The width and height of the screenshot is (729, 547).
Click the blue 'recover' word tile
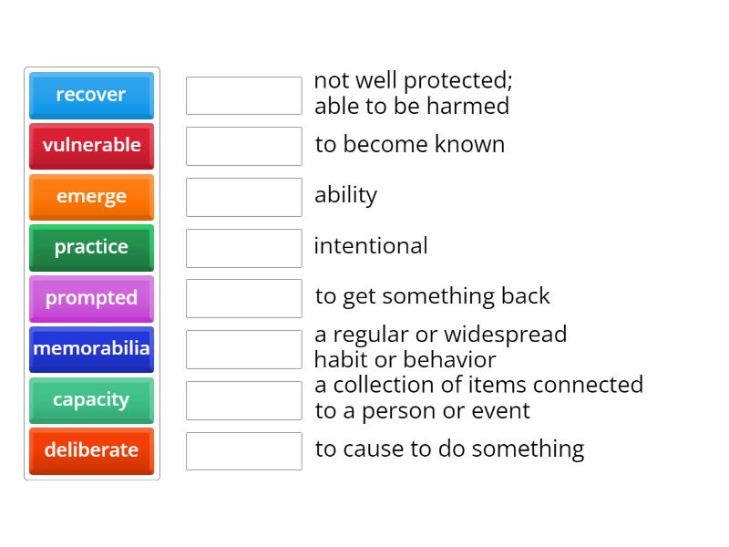[x=91, y=95]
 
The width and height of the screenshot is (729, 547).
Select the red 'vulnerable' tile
[x=91, y=145]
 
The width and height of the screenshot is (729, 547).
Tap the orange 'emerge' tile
[x=91, y=196]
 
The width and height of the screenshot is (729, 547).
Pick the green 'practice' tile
[x=91, y=247]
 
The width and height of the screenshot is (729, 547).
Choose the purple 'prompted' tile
[x=91, y=298]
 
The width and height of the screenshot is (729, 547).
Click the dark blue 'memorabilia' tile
[x=91, y=348]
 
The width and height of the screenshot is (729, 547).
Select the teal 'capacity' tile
[x=91, y=399]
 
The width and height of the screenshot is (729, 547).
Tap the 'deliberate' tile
[x=91, y=450]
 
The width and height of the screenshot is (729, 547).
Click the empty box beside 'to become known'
[x=243, y=146]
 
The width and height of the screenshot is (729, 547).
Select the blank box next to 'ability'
[x=243, y=197]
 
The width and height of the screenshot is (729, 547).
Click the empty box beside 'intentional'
[x=243, y=248]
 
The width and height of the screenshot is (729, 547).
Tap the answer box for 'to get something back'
[x=243, y=298]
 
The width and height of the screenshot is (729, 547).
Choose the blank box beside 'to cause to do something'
[x=243, y=451]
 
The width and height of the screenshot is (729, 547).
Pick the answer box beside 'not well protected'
[x=243, y=96]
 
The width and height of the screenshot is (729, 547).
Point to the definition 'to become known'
[x=409, y=144]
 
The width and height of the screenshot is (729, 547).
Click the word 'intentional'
[x=370, y=245]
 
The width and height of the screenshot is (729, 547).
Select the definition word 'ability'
[x=345, y=195]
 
